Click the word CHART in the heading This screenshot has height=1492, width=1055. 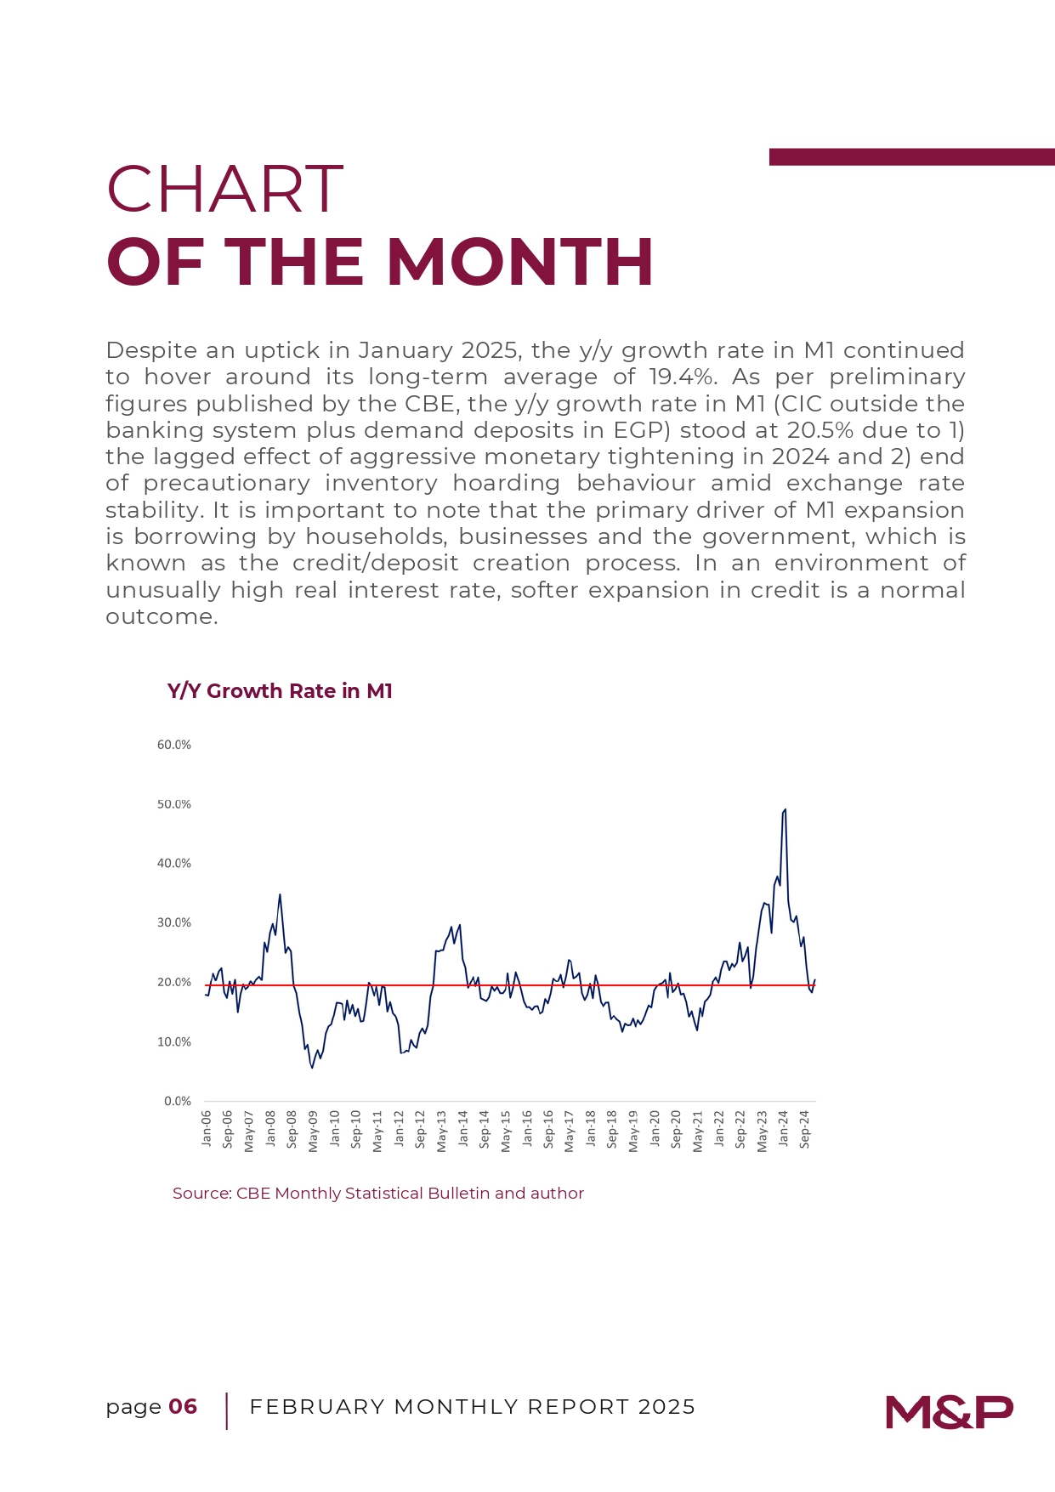(x=225, y=189)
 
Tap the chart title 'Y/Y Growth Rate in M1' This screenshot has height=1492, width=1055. (x=281, y=691)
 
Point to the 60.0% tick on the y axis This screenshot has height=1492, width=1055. (x=174, y=745)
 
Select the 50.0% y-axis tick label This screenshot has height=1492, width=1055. (x=174, y=804)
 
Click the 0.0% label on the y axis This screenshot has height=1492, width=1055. (x=178, y=1101)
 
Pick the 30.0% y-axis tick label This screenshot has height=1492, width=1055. (x=174, y=922)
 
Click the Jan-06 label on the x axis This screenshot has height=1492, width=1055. (x=207, y=1128)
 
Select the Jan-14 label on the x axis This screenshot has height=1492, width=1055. (x=463, y=1128)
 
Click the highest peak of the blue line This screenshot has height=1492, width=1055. (x=785, y=809)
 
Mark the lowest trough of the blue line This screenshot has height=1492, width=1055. (x=312, y=1067)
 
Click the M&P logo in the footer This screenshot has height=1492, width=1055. (x=949, y=1412)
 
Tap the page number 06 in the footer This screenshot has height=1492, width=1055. (x=183, y=1407)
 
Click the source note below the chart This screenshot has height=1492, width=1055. (x=378, y=1193)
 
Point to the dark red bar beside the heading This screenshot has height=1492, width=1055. (x=912, y=157)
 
